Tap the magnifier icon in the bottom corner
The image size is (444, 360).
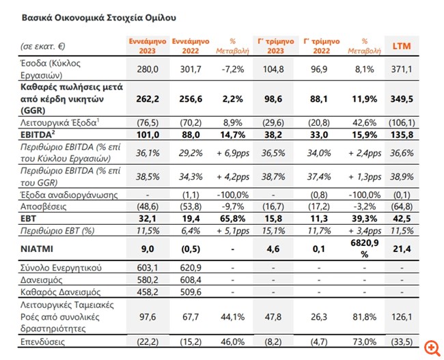pos(431,348)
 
